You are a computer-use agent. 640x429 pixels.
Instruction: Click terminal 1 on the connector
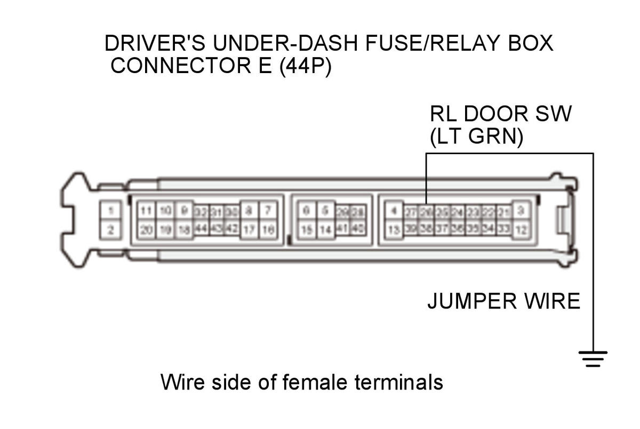tap(110, 210)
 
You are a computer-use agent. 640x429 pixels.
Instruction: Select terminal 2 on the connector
tap(110, 231)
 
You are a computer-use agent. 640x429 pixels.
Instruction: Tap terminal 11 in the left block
tap(146, 210)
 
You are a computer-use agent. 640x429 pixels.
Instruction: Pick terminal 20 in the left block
tap(146, 231)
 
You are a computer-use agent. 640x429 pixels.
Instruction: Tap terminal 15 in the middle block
tap(306, 231)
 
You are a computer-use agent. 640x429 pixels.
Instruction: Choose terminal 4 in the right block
tap(393, 210)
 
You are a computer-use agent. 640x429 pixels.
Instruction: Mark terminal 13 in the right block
tap(393, 231)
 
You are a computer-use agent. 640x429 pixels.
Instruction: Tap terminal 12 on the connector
tap(521, 231)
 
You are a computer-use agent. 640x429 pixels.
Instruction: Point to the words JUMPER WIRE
tap(503, 302)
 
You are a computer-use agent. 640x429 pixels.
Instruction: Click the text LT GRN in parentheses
tap(477, 137)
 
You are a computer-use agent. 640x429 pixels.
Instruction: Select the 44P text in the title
tap(306, 67)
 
